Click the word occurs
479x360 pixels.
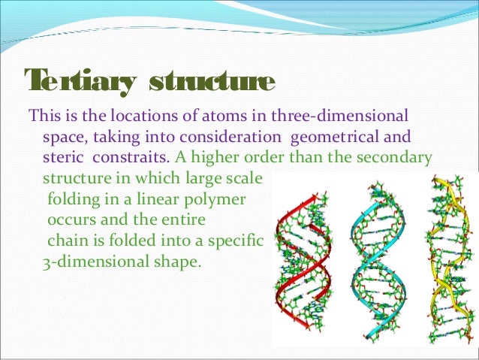71,222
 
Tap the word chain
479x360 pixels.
65,243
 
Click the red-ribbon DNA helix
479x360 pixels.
305,263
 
